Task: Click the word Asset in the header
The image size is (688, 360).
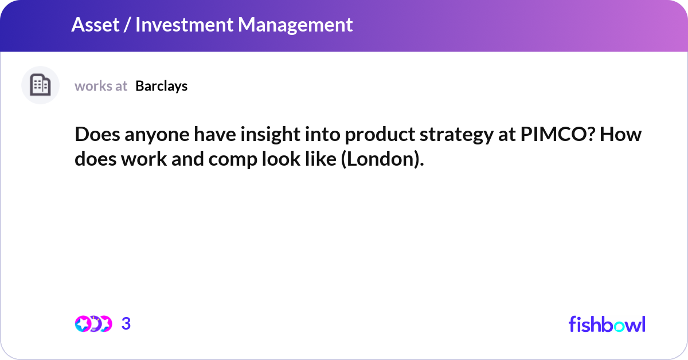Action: point(93,25)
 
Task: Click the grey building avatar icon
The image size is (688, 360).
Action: point(40,85)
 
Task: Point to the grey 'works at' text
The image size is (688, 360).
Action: point(101,86)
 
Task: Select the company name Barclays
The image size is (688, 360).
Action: point(162,86)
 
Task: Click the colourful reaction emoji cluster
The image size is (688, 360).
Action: point(93,324)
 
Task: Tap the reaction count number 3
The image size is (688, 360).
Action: point(126,324)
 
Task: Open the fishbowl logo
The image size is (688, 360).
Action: point(607,324)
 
